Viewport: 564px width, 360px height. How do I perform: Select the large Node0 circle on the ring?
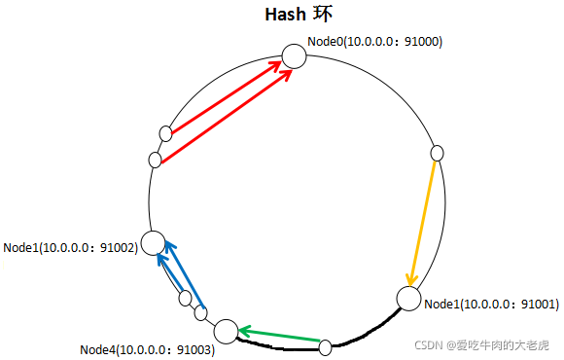coord(294,56)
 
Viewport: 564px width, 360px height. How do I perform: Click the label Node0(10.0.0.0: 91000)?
coord(375,42)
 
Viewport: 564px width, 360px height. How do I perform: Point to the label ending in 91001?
coord(492,305)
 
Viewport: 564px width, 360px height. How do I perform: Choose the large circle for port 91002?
coord(153,242)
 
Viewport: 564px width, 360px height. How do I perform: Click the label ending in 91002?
coord(70,248)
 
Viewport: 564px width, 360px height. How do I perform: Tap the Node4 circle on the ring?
coord(226,332)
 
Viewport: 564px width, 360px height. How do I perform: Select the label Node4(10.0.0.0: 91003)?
coord(147,349)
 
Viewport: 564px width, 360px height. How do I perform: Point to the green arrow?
coord(281,337)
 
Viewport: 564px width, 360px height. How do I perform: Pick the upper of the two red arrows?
coord(229,96)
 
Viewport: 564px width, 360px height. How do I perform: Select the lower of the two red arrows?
coord(226,115)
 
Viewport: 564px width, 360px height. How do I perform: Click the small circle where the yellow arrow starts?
coord(437,153)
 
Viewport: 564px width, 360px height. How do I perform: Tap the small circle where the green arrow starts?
coord(326,344)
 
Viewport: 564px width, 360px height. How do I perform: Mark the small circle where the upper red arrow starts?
coord(166,132)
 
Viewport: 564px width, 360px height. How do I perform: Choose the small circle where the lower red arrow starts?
coord(155,160)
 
